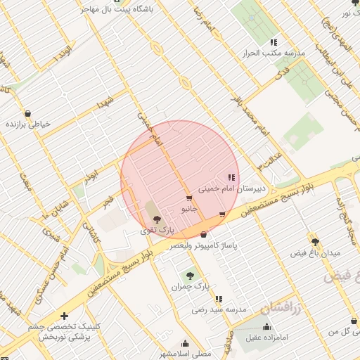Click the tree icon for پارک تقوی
[x=156, y=220]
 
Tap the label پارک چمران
[x=191, y=287]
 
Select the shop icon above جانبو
[x=188, y=199]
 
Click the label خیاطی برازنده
[x=28, y=124]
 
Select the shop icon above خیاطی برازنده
[x=27, y=113]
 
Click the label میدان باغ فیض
[x=321, y=252]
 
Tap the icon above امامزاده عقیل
[x=266, y=326]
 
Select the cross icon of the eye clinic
[x=64, y=316]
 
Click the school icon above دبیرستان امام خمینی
[x=231, y=177]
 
